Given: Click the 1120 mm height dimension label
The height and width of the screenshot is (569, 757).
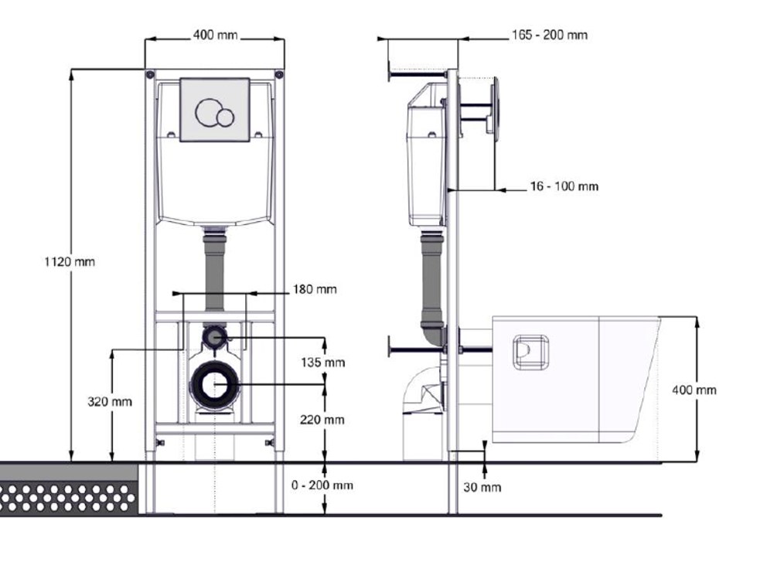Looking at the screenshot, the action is (x=70, y=262).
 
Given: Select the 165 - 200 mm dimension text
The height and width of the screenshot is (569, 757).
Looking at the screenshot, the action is (x=550, y=36).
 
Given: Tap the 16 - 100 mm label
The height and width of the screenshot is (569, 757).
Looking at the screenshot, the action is (x=564, y=186).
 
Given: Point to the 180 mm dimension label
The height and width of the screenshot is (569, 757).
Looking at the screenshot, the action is (x=314, y=290).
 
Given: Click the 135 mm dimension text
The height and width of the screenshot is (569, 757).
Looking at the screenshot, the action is (x=322, y=363).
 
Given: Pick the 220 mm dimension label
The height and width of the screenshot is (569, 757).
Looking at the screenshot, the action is (x=322, y=420).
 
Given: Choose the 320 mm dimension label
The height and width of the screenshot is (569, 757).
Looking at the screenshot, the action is (x=110, y=401).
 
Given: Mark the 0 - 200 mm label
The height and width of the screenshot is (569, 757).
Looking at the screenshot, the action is (x=322, y=485).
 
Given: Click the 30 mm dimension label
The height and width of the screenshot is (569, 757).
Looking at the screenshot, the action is (x=482, y=488).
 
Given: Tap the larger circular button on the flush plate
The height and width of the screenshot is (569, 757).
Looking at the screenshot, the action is (x=207, y=112).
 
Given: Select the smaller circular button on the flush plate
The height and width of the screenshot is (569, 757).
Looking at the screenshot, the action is (x=225, y=118).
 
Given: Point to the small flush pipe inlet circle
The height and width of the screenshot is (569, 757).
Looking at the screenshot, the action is (x=214, y=336).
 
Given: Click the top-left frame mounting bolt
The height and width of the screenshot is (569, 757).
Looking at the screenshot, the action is (x=151, y=75).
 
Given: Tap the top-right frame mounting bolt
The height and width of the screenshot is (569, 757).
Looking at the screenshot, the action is (x=279, y=75).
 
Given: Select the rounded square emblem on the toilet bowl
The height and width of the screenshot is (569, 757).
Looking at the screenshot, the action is (x=530, y=352).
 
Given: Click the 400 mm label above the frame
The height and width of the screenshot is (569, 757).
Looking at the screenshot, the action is (x=215, y=36).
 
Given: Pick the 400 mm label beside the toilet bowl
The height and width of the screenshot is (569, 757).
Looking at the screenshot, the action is (x=694, y=390).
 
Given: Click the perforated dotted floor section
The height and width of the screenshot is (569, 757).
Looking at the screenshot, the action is (x=69, y=498).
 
